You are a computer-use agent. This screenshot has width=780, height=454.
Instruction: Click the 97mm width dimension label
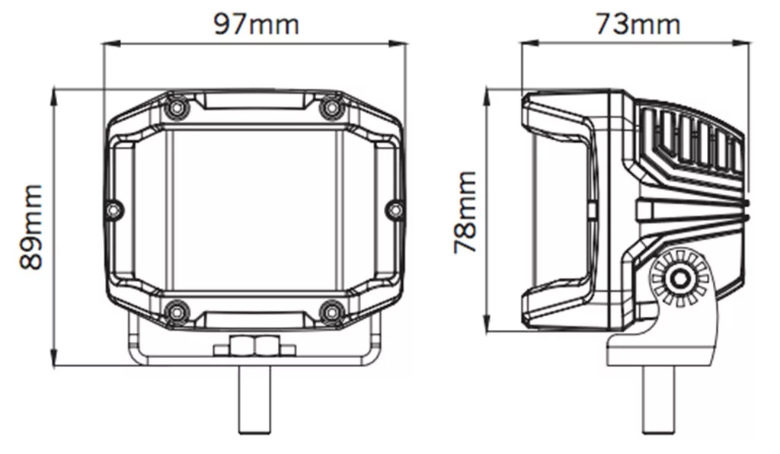click(256, 24)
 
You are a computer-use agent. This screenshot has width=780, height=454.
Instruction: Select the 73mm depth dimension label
click(638, 24)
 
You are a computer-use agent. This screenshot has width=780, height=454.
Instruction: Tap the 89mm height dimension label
click(31, 227)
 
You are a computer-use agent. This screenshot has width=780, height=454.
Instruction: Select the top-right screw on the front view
click(331, 107)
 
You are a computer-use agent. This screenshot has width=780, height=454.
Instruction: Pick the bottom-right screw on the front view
click(331, 312)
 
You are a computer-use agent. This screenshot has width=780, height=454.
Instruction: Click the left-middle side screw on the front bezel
click(115, 209)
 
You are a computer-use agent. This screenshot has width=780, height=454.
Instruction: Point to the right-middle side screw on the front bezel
click(395, 209)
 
